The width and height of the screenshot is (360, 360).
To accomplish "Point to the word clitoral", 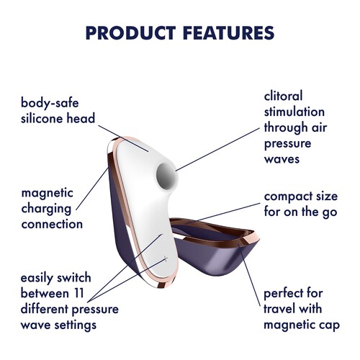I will [x=284, y=96].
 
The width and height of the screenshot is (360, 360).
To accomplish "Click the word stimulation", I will [x=294, y=112].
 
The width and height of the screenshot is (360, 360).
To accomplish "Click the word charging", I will [x=47, y=208].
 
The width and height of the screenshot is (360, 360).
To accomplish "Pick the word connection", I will [x=52, y=224].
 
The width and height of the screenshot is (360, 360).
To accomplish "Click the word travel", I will [x=282, y=310].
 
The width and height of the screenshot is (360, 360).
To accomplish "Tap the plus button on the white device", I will [x=166, y=258].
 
